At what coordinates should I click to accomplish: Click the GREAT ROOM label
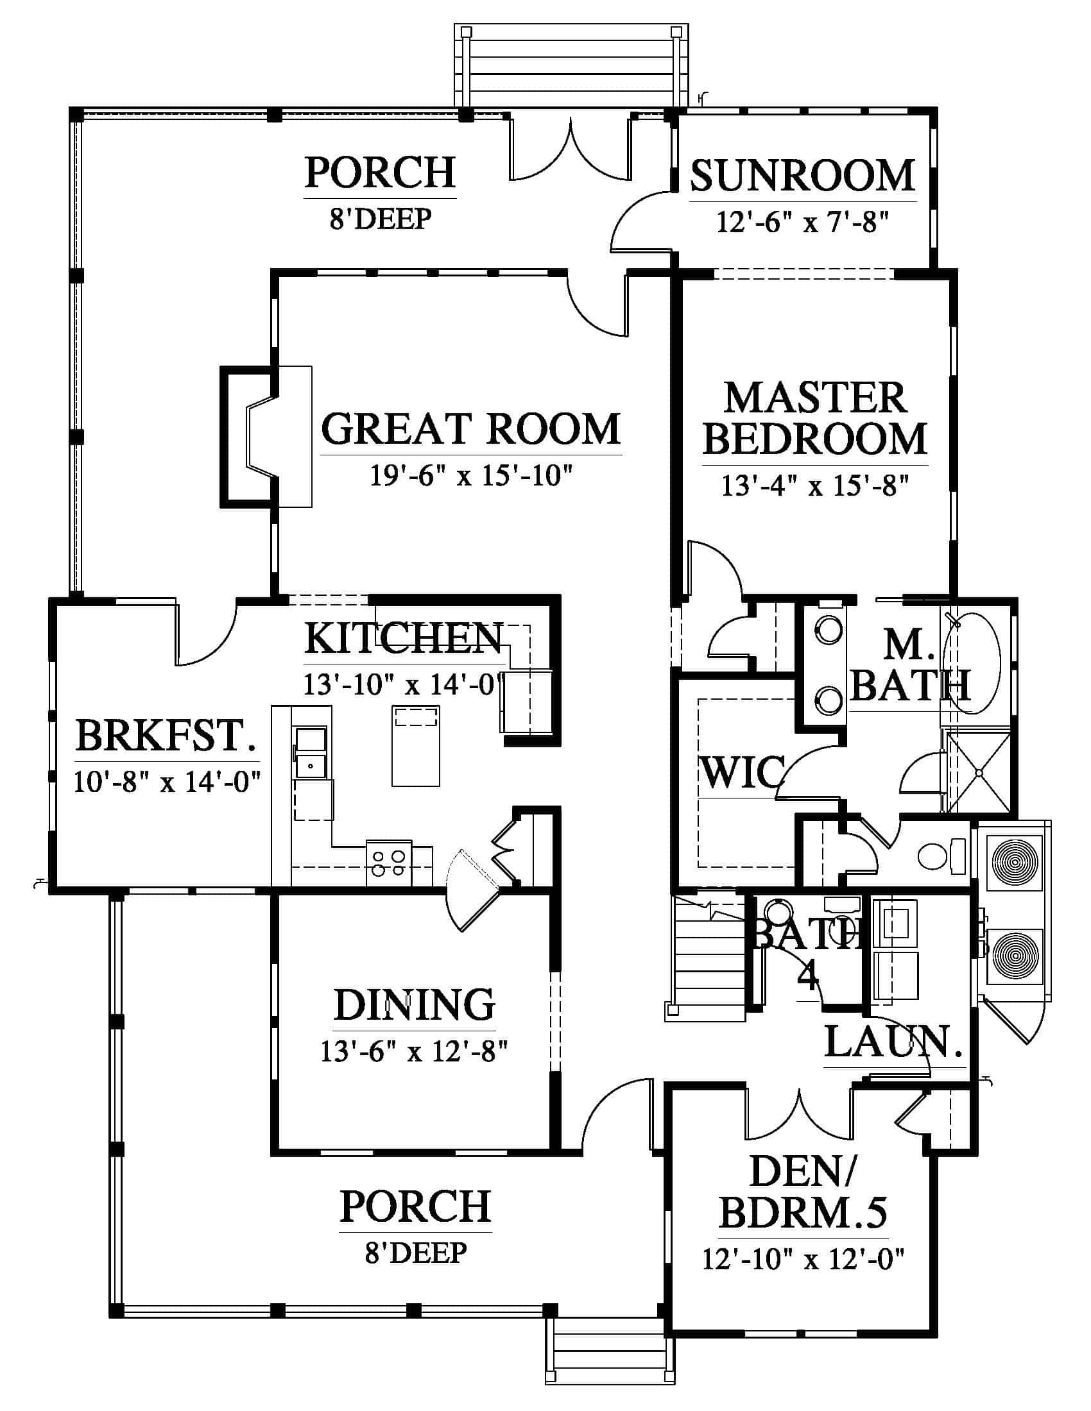pyautogui.click(x=471, y=429)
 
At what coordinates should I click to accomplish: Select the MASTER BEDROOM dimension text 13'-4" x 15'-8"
pyautogui.click(x=815, y=486)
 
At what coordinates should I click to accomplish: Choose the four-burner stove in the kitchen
pyautogui.click(x=389, y=863)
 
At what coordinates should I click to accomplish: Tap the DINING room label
pyautogui.click(x=415, y=1004)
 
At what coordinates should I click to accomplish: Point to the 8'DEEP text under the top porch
pyautogui.click(x=380, y=219)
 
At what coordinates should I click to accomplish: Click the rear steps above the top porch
pyautogui.click(x=571, y=65)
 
